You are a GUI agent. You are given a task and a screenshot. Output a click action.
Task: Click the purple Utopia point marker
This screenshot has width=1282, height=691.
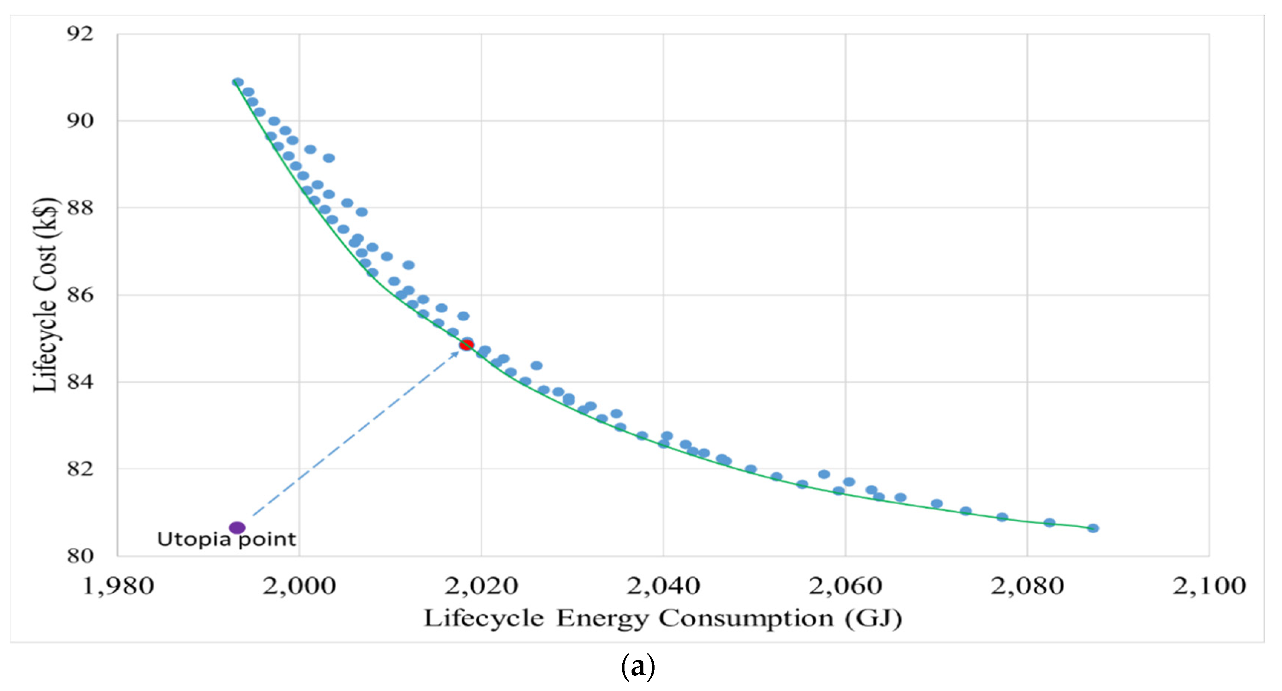point(237,528)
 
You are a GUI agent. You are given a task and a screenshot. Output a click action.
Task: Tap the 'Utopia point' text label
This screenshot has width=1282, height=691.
point(226,540)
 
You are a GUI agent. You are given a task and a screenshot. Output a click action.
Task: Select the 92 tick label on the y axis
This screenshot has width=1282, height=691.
point(80,34)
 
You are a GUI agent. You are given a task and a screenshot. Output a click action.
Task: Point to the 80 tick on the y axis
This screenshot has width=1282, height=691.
point(80,555)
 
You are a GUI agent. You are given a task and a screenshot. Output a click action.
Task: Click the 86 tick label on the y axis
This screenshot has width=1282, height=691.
point(80,295)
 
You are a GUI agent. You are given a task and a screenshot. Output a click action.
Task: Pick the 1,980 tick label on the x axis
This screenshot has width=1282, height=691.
point(118,586)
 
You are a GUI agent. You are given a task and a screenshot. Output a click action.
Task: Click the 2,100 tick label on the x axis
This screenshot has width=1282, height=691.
point(1209,586)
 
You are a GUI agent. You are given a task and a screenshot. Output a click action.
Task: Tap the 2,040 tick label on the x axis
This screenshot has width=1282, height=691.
point(663,586)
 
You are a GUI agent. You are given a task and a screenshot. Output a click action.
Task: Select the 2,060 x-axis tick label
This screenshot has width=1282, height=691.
point(845,586)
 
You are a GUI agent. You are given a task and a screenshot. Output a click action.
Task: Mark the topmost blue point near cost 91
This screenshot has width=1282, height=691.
point(238,82)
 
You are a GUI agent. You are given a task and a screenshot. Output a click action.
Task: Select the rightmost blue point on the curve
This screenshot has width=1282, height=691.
point(1093,528)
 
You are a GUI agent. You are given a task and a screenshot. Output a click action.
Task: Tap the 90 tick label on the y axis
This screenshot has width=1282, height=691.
point(80,120)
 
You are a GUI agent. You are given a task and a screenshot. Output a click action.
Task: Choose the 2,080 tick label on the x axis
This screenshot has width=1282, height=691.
point(1027,586)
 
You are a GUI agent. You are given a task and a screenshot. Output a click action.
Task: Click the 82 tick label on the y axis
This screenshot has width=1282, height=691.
point(80,469)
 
